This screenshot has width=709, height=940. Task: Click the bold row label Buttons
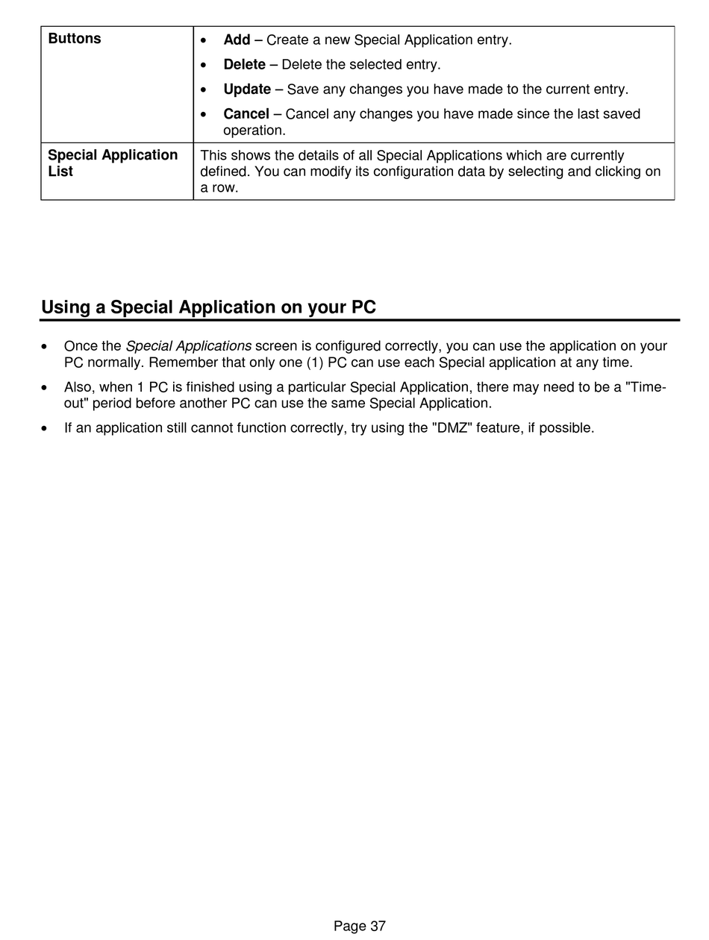pos(75,39)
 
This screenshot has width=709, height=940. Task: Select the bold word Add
pos(237,40)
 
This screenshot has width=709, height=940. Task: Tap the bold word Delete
pos(244,64)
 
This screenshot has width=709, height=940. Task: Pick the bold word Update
pos(247,90)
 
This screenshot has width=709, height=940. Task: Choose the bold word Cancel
pos(246,114)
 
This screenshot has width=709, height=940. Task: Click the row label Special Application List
pos(113,163)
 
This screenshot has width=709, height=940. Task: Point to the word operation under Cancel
pos(254,131)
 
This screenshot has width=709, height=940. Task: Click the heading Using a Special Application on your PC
pos(208,307)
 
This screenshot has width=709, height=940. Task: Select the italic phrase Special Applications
pos(188,346)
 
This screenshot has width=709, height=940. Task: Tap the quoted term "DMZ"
pos(452,428)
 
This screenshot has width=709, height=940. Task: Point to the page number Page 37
pos(360,927)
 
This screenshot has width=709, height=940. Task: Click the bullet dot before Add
pos(204,40)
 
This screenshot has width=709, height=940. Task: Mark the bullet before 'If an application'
pos(46,429)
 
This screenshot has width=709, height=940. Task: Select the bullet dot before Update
pos(204,90)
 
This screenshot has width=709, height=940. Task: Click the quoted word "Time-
pos(645,387)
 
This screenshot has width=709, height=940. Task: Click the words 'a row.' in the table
pos(219,188)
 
